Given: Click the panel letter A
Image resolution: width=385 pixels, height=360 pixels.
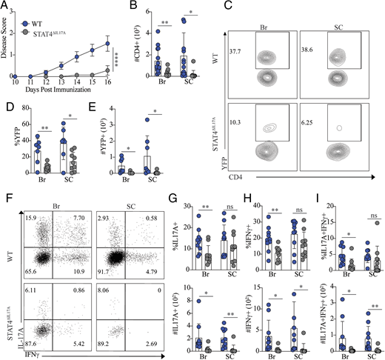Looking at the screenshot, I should [x=5, y=7].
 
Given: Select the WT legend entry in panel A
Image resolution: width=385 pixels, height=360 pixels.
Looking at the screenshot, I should [x=38, y=12].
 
